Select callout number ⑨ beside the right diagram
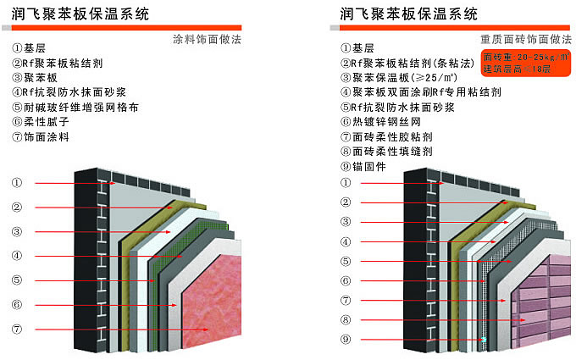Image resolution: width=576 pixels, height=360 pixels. click(345, 341)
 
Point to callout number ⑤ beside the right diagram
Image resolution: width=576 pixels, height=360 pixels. click(345, 262)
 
